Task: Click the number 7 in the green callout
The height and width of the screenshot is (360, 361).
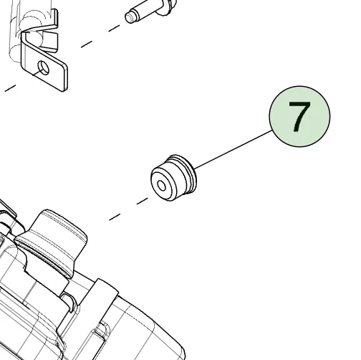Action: click(299, 117)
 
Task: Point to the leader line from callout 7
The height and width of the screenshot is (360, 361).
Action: click(234, 149)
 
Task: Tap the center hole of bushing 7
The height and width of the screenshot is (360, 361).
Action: click(162, 186)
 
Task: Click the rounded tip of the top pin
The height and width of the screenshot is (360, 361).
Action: click(129, 17)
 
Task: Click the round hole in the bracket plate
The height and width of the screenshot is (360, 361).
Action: click(44, 67)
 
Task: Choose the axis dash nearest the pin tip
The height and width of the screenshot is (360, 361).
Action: click(114, 28)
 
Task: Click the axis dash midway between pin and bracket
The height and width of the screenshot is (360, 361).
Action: click(87, 44)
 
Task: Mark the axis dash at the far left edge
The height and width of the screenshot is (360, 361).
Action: click(10, 88)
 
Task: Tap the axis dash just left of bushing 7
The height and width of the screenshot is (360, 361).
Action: click(143, 201)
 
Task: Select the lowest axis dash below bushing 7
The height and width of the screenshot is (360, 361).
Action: click(115, 217)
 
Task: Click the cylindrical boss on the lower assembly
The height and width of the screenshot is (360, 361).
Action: click(59, 229)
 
